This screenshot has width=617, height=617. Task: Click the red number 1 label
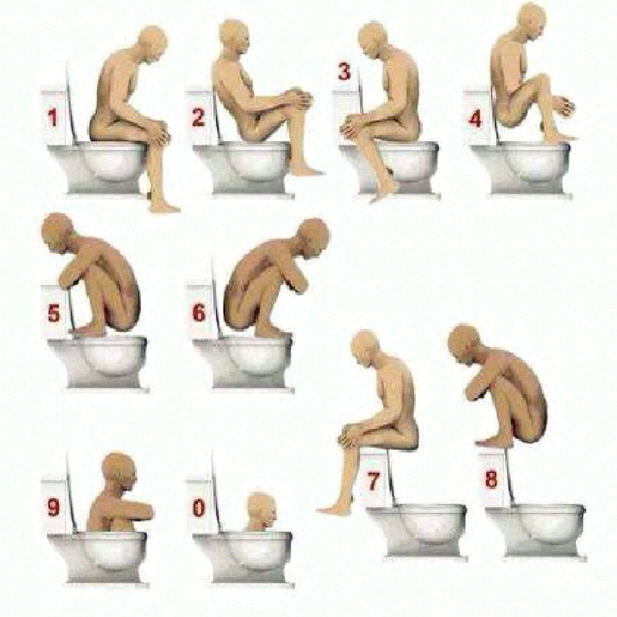[52, 118]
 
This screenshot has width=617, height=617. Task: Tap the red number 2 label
[199, 117]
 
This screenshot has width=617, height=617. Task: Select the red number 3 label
[344, 71]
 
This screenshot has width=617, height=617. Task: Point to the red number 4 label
[476, 118]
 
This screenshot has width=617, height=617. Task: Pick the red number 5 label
[54, 313]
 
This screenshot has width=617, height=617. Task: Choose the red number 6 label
[199, 313]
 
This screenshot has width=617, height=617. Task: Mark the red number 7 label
[373, 480]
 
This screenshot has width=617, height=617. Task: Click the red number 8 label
[491, 479]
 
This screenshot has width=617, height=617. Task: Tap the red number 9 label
[53, 507]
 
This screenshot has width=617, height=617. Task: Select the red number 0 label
[199, 508]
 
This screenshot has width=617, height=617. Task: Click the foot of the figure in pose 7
[334, 510]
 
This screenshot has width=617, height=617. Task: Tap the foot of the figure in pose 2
[309, 170]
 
